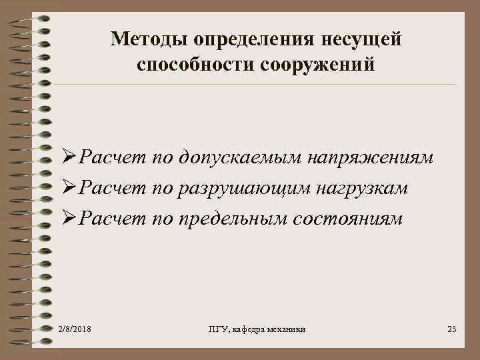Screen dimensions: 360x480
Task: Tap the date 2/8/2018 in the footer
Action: (x=75, y=330)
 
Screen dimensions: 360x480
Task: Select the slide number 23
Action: (x=451, y=330)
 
